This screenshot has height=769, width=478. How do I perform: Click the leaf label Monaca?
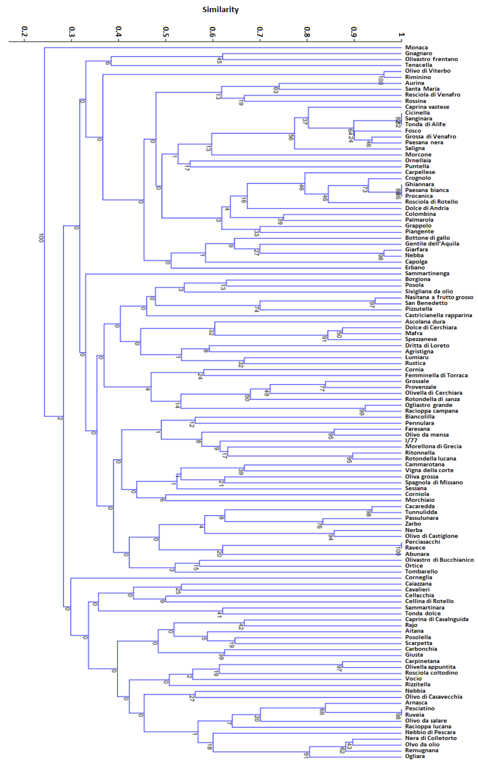(x=416, y=47)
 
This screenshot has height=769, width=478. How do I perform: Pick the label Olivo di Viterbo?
(x=428, y=71)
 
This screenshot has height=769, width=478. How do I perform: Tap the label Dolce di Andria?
(x=427, y=208)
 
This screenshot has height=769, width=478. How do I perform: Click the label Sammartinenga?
(x=427, y=273)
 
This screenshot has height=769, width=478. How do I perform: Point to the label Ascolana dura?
(x=425, y=321)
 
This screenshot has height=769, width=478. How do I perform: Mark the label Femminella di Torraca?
(x=436, y=375)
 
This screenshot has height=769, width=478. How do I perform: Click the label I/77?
(x=411, y=440)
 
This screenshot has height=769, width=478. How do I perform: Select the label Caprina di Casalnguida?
(x=437, y=619)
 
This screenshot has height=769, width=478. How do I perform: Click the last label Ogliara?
(x=415, y=756)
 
